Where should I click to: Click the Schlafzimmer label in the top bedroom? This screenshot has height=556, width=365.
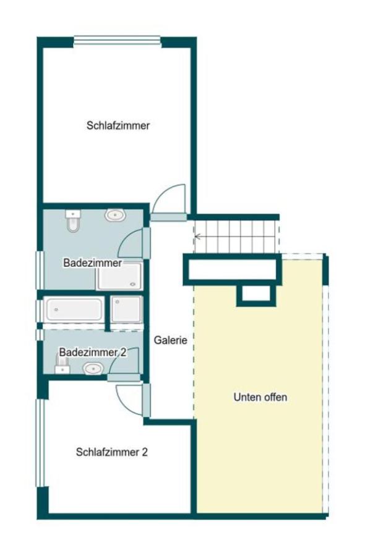(x=118, y=125)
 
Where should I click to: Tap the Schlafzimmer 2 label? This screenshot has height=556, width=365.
(x=111, y=452)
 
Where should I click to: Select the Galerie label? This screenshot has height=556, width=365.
(x=170, y=339)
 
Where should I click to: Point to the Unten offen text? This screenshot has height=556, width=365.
(x=260, y=397)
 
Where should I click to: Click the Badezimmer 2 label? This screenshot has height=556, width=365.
(x=93, y=352)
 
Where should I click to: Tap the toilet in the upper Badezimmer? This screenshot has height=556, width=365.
(x=73, y=220)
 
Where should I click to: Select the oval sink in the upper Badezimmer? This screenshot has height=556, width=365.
(x=114, y=215)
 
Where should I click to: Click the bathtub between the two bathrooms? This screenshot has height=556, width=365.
(x=74, y=310)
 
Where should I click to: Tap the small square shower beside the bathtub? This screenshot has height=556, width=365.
(x=127, y=309)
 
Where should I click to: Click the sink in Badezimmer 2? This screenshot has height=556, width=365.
(x=92, y=369)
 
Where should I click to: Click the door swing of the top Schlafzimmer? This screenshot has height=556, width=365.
(x=168, y=199)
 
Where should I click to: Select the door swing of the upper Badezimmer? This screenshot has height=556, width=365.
(x=131, y=245)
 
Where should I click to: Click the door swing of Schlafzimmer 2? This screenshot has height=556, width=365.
(x=129, y=399)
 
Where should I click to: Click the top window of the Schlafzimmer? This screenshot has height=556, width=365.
(x=117, y=41)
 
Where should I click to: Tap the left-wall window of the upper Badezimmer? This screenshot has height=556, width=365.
(x=40, y=269)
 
